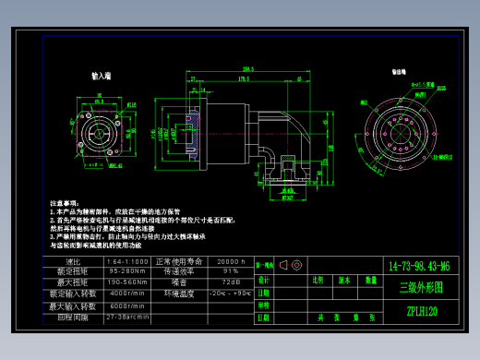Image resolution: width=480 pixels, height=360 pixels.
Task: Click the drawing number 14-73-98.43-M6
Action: point(420,265)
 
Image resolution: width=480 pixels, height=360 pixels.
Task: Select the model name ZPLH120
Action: point(420,311)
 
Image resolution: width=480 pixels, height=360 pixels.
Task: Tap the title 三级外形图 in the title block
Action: point(420,287)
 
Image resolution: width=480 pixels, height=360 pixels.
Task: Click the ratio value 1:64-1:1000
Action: point(127,262)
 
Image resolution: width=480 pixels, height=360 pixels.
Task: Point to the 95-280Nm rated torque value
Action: point(127,272)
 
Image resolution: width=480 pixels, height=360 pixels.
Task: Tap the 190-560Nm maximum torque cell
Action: point(127,282)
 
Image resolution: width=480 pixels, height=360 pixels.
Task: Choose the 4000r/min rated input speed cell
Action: point(127,294)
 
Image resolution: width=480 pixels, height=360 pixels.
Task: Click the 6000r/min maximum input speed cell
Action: point(127,306)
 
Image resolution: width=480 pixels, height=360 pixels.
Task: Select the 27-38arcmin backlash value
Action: point(127,317)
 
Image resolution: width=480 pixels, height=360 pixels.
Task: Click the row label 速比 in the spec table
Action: point(76,262)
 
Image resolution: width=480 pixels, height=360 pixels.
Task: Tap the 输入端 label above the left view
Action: point(102,76)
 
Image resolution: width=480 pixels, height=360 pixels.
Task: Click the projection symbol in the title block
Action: point(291,265)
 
